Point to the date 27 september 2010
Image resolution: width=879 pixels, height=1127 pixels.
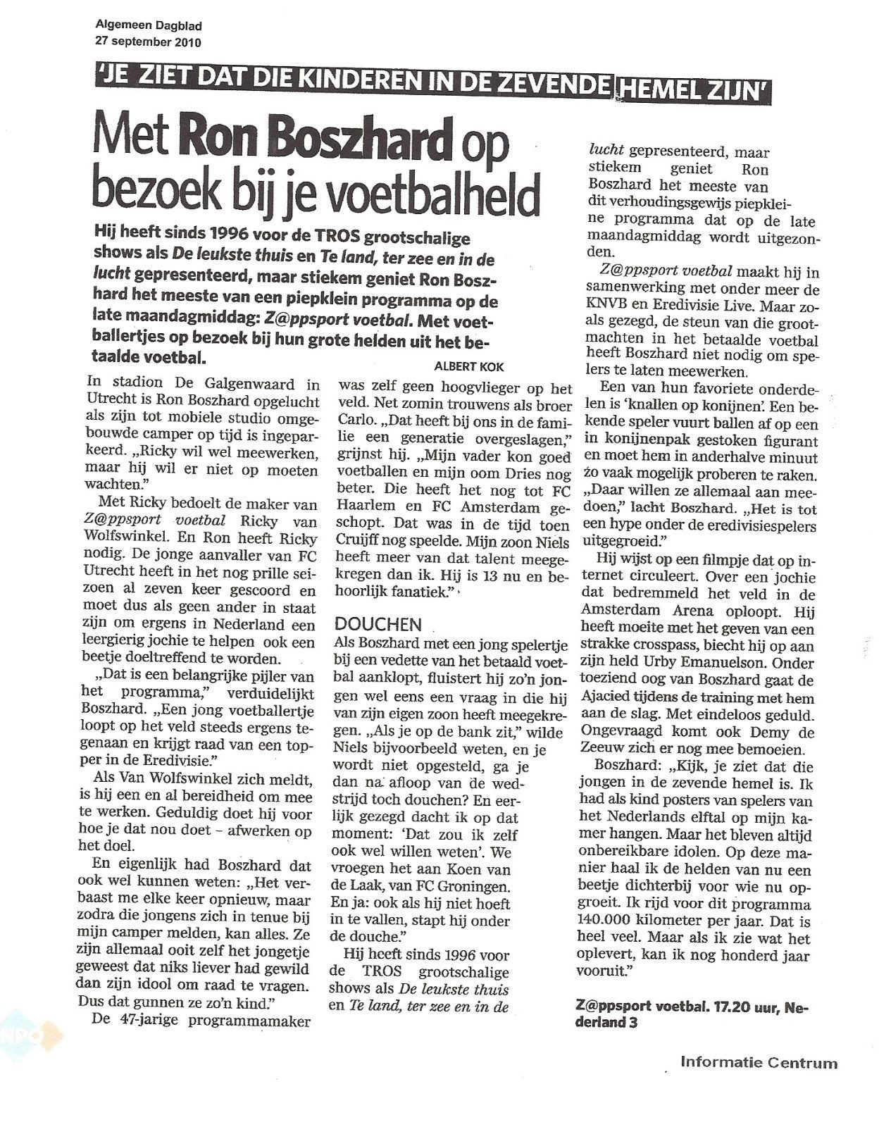[x=148, y=42]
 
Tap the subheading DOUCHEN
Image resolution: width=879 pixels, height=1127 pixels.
[x=378, y=624]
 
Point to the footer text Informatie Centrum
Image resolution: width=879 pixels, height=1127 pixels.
[x=759, y=1063]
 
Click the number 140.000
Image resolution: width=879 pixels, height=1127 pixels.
[x=613, y=921]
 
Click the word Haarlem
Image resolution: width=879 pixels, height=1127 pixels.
[x=369, y=509]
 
